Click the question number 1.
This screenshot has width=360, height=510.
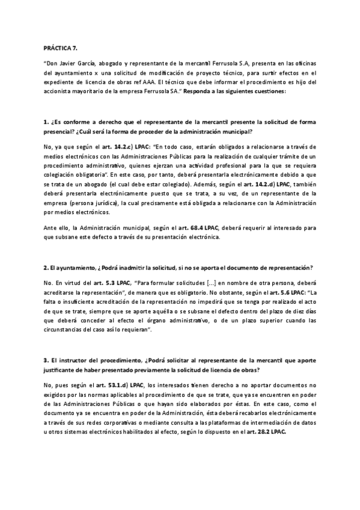point(46,122)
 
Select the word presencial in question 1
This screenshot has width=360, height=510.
point(60,131)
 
